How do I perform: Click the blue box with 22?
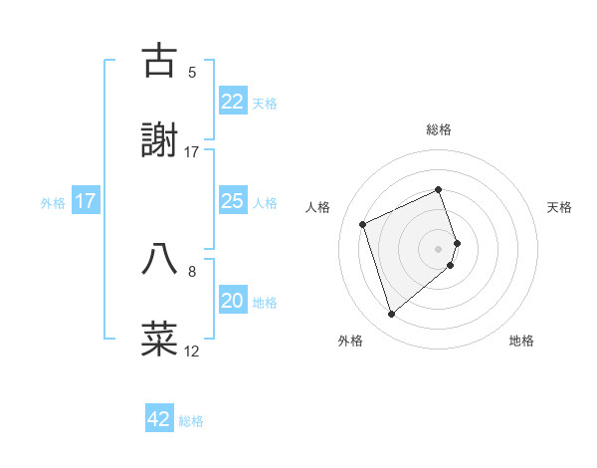(x=232, y=102)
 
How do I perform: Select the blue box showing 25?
(x=232, y=201)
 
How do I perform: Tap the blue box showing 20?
(x=232, y=301)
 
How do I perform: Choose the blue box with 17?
(x=86, y=201)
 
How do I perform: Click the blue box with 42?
(x=159, y=419)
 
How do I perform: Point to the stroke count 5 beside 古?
(x=192, y=73)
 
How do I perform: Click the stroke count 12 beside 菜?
(x=192, y=351)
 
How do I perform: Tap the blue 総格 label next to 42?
(x=191, y=421)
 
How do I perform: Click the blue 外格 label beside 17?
(x=53, y=202)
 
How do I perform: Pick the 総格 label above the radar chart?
(x=439, y=129)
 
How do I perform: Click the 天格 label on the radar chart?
(x=560, y=207)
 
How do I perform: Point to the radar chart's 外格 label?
(x=350, y=342)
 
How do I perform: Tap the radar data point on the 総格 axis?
(x=439, y=189)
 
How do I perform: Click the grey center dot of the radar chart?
(x=439, y=247)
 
